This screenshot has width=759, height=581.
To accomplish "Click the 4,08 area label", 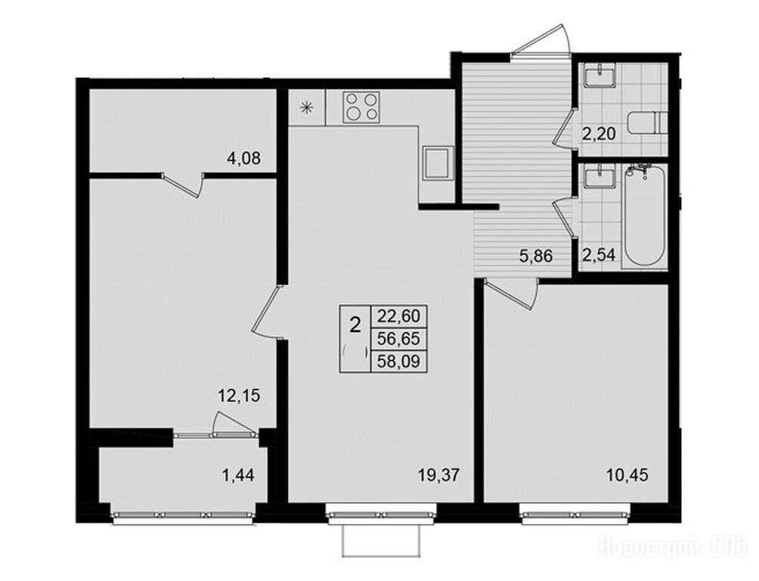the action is click(x=244, y=158).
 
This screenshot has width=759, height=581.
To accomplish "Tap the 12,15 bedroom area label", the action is click(x=239, y=396).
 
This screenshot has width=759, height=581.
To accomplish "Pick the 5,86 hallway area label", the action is click(x=536, y=256).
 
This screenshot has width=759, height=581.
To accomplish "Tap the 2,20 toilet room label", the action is click(x=599, y=133).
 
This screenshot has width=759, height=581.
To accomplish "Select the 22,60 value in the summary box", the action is click(x=399, y=316).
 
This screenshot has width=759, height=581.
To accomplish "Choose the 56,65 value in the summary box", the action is click(x=399, y=339).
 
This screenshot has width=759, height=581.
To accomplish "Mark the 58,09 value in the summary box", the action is click(x=399, y=361).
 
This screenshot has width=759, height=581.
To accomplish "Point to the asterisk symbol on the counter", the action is click(x=306, y=107).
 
